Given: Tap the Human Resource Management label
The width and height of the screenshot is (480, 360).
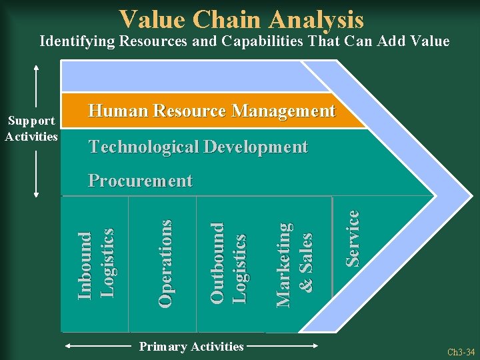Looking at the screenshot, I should coord(211,111).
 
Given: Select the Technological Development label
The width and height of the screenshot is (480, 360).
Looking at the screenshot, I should coord(198,147).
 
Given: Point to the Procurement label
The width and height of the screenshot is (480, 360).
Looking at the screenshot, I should coord(140,181).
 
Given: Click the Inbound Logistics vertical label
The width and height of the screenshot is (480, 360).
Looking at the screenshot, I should coord(95,264).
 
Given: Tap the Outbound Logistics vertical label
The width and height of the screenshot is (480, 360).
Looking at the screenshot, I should coord(227,263).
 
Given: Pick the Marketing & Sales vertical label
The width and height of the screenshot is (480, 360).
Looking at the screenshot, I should coord(293,264).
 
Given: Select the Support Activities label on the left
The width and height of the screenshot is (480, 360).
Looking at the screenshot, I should coord(31,128).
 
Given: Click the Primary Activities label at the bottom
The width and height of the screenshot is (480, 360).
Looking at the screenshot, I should coord(191,346).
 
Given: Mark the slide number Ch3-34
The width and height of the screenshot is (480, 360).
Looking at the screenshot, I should coord(461,351).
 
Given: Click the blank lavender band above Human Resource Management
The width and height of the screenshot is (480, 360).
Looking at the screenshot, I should coord(193,76).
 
